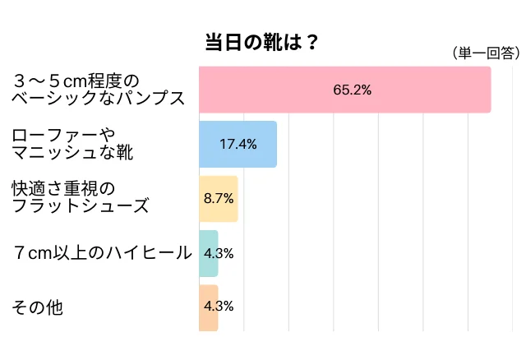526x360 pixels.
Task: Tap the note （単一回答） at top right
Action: coord(486,53)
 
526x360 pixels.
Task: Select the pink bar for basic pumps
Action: coord(344,90)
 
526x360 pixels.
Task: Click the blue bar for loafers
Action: coord(238,144)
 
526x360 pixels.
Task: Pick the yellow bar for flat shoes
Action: coord(219,198)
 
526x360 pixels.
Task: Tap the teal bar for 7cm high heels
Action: coord(209,252)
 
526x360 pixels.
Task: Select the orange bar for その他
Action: coord(209,307)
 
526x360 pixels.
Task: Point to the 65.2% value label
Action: coord(352,90)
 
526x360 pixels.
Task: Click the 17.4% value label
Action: coord(238,144)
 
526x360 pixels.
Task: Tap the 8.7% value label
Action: coord(219,198)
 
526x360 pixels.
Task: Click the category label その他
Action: coord(36,307)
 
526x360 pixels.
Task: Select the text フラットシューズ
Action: coord(80,207)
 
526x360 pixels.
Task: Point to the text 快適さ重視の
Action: coord(65,189)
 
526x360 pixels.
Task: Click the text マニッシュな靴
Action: coord(72,153)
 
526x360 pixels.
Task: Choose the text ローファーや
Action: coord(65,135)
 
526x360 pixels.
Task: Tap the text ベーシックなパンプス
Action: coord(97,99)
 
